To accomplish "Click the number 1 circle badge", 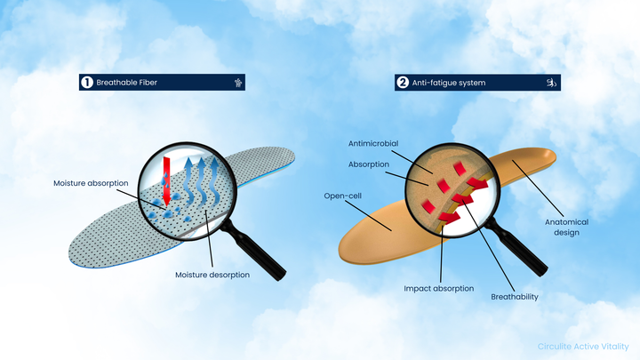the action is coord(87,83).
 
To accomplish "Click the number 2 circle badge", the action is coord(403,83).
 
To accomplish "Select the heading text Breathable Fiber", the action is coord(126,83).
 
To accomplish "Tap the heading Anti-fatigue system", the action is coord(449,83).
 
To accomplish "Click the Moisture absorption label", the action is coord(91,183).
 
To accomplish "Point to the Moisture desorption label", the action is coord(212,275).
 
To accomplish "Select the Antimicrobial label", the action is coord(373,144).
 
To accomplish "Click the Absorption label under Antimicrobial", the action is coord(369,164).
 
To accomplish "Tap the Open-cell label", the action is coord(343,196).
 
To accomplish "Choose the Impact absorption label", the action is coord(439,289).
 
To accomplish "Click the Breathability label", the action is coord(515,297).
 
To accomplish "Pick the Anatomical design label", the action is coord(566,228).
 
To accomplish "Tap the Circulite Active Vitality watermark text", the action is coord(583,347).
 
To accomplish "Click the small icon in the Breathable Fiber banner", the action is coord(238,83).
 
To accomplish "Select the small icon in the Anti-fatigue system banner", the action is coord(551,83).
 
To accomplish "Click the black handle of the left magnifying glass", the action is coord(254,250).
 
